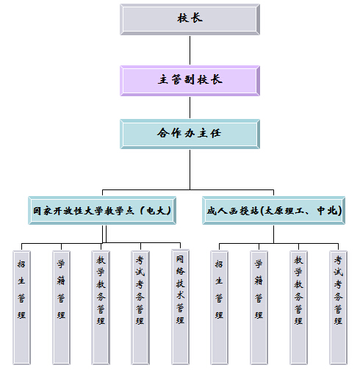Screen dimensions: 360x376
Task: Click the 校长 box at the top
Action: click(190, 19)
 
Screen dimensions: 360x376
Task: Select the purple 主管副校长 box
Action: click(190, 81)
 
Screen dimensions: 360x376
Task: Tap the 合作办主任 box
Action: click(190, 134)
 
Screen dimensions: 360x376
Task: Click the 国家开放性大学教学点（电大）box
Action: click(102, 211)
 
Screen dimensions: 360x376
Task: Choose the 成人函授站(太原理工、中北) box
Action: click(273, 211)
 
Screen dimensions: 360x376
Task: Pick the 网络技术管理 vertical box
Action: click(180, 307)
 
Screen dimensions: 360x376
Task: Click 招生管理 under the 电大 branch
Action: click(21, 308)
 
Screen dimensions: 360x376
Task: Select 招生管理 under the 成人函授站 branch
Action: click(219, 308)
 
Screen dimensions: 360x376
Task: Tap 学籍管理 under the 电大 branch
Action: click(61, 308)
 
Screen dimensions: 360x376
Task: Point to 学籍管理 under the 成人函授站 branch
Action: click(259, 308)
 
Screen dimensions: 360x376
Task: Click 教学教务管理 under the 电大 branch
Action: click(101, 308)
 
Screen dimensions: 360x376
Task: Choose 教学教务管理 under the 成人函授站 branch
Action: click(298, 308)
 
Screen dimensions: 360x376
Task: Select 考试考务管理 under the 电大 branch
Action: click(140, 308)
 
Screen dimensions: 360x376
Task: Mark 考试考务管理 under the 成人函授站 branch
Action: click(338, 308)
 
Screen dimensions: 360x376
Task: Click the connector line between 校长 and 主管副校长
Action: click(190, 51)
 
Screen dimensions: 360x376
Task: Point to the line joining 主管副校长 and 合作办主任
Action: click(190, 107)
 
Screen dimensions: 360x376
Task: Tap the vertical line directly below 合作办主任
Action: click(190, 170)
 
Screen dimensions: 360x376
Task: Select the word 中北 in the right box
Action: click(327, 211)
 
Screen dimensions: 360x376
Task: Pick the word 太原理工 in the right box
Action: click(284, 211)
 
